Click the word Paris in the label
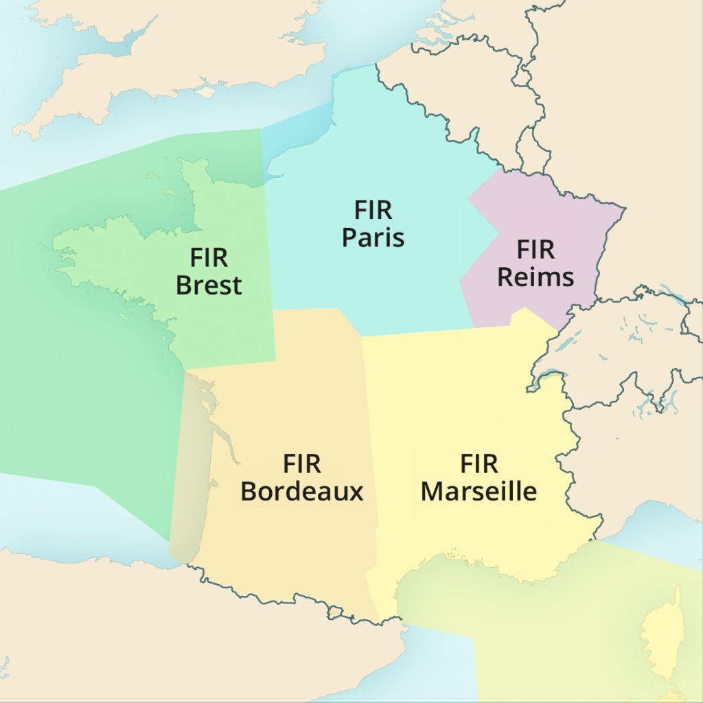(373, 238)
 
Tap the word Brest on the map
(209, 284)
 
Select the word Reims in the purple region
(535, 277)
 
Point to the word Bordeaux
(301, 492)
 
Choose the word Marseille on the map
(479, 492)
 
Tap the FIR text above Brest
(209, 258)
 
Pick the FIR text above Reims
(535, 250)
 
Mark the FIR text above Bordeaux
(301, 464)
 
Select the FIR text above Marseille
(479, 464)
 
